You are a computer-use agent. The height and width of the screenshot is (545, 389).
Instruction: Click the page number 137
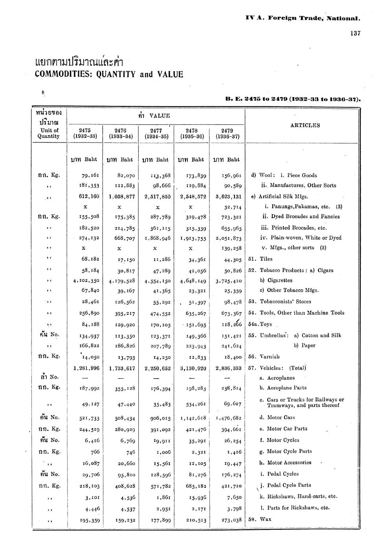355,33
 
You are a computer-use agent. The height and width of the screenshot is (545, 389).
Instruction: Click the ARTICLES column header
305,126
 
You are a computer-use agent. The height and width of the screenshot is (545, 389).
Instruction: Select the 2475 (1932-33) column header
85,133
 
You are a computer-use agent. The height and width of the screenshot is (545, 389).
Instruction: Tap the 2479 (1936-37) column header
228,133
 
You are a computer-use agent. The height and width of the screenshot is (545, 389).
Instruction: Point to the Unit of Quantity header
49,133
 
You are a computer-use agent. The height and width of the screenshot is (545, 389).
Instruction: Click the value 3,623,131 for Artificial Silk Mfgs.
228,197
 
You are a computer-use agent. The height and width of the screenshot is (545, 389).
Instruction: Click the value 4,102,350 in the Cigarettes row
86,281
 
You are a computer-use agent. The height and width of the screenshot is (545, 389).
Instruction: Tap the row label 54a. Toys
261,325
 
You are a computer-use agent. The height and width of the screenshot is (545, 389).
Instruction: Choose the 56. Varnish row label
264,357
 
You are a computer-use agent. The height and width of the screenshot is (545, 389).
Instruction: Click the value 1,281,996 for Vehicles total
86,368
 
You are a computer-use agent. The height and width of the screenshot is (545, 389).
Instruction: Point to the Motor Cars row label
277,418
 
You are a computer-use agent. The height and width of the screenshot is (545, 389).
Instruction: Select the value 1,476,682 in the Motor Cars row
228,418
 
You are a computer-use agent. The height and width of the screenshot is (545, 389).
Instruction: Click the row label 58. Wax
260,519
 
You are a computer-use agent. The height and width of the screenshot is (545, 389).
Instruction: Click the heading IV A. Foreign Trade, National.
303,18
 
